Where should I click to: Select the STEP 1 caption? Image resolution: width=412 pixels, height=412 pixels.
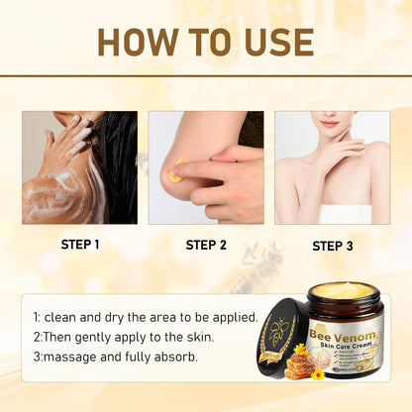click(x=79, y=244)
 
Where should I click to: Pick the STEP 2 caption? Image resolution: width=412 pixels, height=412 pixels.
click(x=206, y=244)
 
